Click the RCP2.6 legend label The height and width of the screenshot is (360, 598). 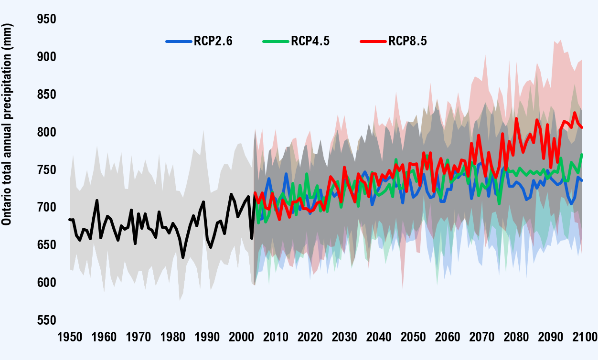click(213, 42)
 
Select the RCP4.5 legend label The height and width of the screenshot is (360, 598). click(310, 42)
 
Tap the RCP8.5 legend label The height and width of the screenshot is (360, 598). click(407, 42)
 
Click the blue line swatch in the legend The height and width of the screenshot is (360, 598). click(178, 42)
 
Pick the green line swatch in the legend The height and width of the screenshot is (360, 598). click(276, 42)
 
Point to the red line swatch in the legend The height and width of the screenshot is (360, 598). click(373, 42)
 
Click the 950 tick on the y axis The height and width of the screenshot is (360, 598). click(46, 19)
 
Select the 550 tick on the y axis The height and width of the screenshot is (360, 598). click(46, 320)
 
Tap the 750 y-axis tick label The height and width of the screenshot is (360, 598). click(46, 170)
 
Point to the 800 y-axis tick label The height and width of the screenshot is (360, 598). click(46, 132)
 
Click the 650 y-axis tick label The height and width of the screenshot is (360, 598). click(46, 245)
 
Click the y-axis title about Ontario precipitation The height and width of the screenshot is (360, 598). click(8, 125)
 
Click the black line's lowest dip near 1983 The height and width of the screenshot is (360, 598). click(183, 258)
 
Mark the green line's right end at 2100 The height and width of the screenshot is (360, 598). click(582, 154)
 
